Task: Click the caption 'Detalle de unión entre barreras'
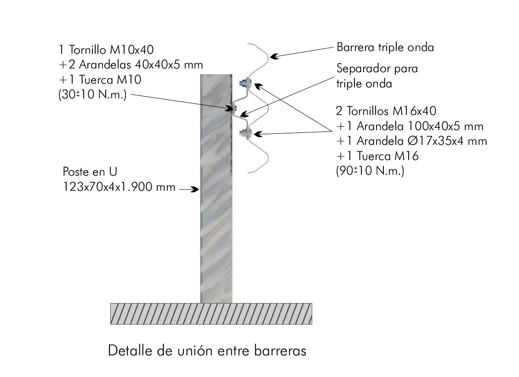point(207,350)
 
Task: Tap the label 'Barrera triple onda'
point(385,47)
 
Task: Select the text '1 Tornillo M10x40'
point(106,50)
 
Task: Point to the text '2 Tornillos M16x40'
point(386,111)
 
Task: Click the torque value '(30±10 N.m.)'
point(93,95)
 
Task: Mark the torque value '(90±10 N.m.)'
point(370,171)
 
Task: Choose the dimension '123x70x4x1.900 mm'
point(119,187)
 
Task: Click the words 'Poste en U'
point(90,172)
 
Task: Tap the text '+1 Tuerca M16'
point(377,156)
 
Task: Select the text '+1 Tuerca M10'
point(100,80)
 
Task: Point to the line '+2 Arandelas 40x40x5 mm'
point(131,64)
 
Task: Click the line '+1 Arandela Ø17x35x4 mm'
point(411,141)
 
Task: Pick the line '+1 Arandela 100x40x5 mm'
point(410,126)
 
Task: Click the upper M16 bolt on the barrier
point(245,83)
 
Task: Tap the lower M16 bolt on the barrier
point(245,133)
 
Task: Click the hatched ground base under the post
point(211,314)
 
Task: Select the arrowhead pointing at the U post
point(195,189)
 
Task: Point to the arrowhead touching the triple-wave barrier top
point(274,57)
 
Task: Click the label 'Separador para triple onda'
point(377,76)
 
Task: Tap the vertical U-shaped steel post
point(216,188)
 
